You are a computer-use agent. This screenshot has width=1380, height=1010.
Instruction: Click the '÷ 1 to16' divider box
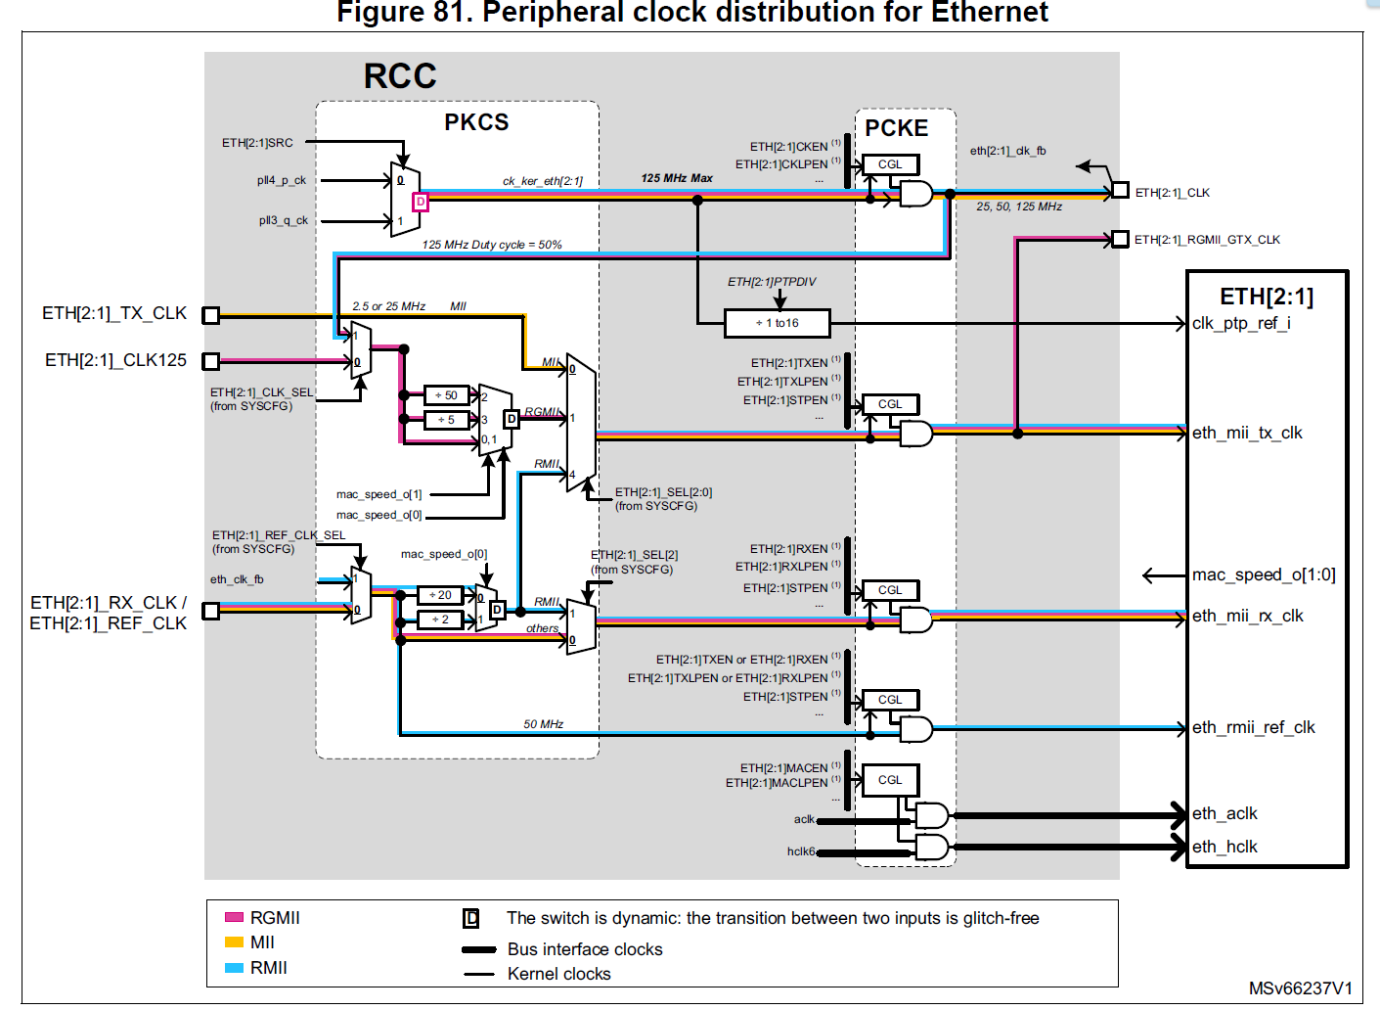point(778,323)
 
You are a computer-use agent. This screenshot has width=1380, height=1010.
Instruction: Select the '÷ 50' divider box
point(446,395)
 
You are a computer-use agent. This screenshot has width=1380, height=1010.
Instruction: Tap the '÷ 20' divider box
point(440,595)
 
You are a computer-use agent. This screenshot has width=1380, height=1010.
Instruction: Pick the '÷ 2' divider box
point(440,620)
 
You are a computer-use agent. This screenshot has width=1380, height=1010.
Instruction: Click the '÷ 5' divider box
point(446,420)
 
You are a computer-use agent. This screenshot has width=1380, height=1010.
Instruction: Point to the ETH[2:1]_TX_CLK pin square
point(210,314)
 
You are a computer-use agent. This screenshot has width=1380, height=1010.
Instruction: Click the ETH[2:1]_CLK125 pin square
point(210,361)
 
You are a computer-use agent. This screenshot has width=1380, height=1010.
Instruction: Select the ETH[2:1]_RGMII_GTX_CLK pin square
point(1121,239)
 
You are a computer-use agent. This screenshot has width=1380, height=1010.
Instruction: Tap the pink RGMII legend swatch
point(234,917)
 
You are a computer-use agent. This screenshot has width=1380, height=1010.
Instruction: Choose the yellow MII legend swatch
point(234,942)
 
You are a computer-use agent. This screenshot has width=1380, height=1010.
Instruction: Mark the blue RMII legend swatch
point(234,968)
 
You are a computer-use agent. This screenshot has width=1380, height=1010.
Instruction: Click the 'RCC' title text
point(400,76)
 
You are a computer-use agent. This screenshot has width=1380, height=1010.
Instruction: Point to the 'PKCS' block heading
point(476,122)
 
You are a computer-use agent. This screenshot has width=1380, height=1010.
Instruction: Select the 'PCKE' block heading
point(896,128)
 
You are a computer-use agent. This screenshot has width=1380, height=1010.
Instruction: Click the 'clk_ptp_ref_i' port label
point(1241,323)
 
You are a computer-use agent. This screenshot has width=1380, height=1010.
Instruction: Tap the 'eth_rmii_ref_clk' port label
point(1253,727)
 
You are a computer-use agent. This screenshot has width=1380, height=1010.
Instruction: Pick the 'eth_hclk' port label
point(1224,847)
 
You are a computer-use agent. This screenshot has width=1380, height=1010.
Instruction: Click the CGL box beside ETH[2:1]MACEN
point(890,780)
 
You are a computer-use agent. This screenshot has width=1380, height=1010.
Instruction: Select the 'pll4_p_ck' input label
point(282,180)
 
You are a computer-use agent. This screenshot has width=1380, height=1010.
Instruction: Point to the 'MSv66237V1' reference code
point(1300,988)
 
